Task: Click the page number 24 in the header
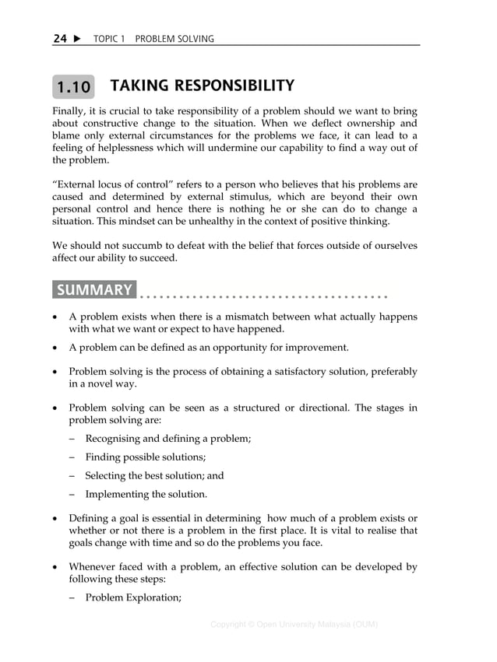[x=60, y=39]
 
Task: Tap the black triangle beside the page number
[x=77, y=39]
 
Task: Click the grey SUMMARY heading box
[x=94, y=290]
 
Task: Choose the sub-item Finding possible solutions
[x=145, y=457]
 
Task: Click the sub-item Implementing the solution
[x=146, y=494]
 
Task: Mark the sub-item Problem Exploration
[x=133, y=597]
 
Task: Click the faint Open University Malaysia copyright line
[x=294, y=624]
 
